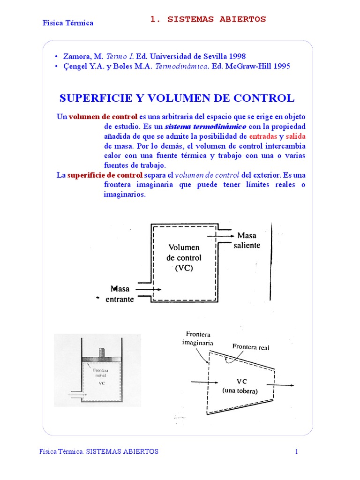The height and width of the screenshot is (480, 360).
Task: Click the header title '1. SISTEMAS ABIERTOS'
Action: [x=208, y=19]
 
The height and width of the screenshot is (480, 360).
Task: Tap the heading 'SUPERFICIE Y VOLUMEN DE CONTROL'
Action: [x=177, y=98]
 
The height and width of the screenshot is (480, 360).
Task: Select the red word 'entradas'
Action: [x=263, y=136]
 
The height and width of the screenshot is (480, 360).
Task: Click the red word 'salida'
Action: [x=296, y=136]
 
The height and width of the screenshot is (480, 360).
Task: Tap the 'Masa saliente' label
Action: [x=247, y=240]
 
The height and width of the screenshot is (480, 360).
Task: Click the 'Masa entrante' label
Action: [x=120, y=294]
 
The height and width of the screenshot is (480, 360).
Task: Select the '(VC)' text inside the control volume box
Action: [x=184, y=269]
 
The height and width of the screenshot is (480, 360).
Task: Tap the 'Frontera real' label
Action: [x=251, y=347]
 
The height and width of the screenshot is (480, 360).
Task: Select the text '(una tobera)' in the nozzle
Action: [x=240, y=391]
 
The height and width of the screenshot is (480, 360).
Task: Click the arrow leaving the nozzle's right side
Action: [x=283, y=385]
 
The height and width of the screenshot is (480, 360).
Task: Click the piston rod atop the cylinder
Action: [x=101, y=352]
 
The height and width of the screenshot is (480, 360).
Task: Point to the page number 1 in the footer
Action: [x=296, y=451]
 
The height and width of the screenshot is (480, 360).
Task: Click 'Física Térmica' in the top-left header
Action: [x=68, y=23]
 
